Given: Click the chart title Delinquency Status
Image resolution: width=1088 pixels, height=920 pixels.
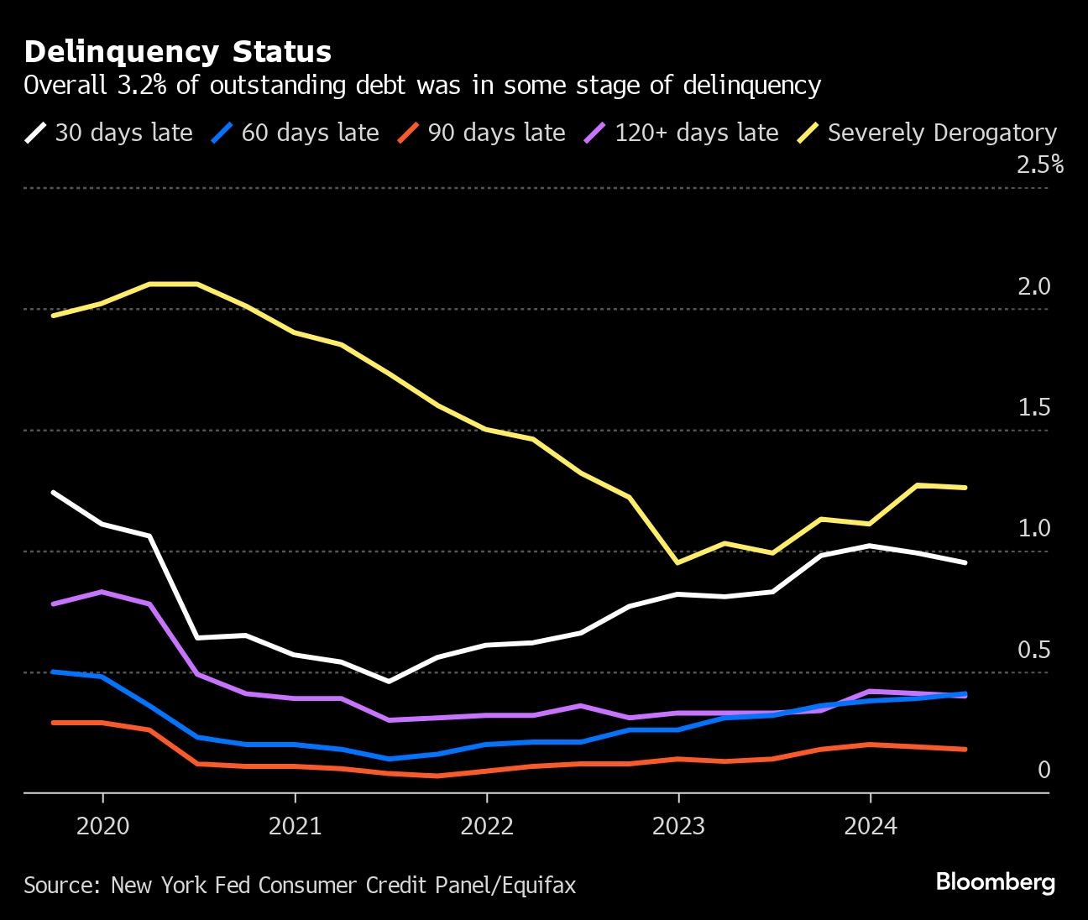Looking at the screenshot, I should click(177, 52).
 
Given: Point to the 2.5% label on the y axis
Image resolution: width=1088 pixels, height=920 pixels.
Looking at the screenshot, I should click(1039, 165).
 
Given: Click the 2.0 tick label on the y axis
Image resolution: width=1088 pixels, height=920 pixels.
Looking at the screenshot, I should click(1033, 287).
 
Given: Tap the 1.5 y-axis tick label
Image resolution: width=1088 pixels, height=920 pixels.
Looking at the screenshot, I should click(1033, 408).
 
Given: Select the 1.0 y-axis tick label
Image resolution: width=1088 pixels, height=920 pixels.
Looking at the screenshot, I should click(1033, 529).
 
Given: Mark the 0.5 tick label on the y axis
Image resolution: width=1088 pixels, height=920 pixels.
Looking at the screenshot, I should click(1033, 651).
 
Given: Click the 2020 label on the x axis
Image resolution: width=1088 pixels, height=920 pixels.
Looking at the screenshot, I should click(102, 827).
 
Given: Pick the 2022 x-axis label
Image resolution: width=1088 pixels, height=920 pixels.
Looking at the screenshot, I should click(487, 827).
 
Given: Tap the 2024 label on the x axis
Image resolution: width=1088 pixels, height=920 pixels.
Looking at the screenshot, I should click(871, 827).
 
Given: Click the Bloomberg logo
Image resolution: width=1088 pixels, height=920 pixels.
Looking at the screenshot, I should click(995, 882).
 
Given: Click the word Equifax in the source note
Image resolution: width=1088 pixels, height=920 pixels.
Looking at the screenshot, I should click(539, 886).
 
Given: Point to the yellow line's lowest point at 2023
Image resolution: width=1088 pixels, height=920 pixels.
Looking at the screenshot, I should click(678, 562).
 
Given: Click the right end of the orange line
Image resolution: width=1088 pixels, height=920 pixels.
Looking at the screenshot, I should click(965, 749).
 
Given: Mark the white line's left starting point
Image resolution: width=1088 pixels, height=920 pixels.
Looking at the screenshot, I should click(54, 492).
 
